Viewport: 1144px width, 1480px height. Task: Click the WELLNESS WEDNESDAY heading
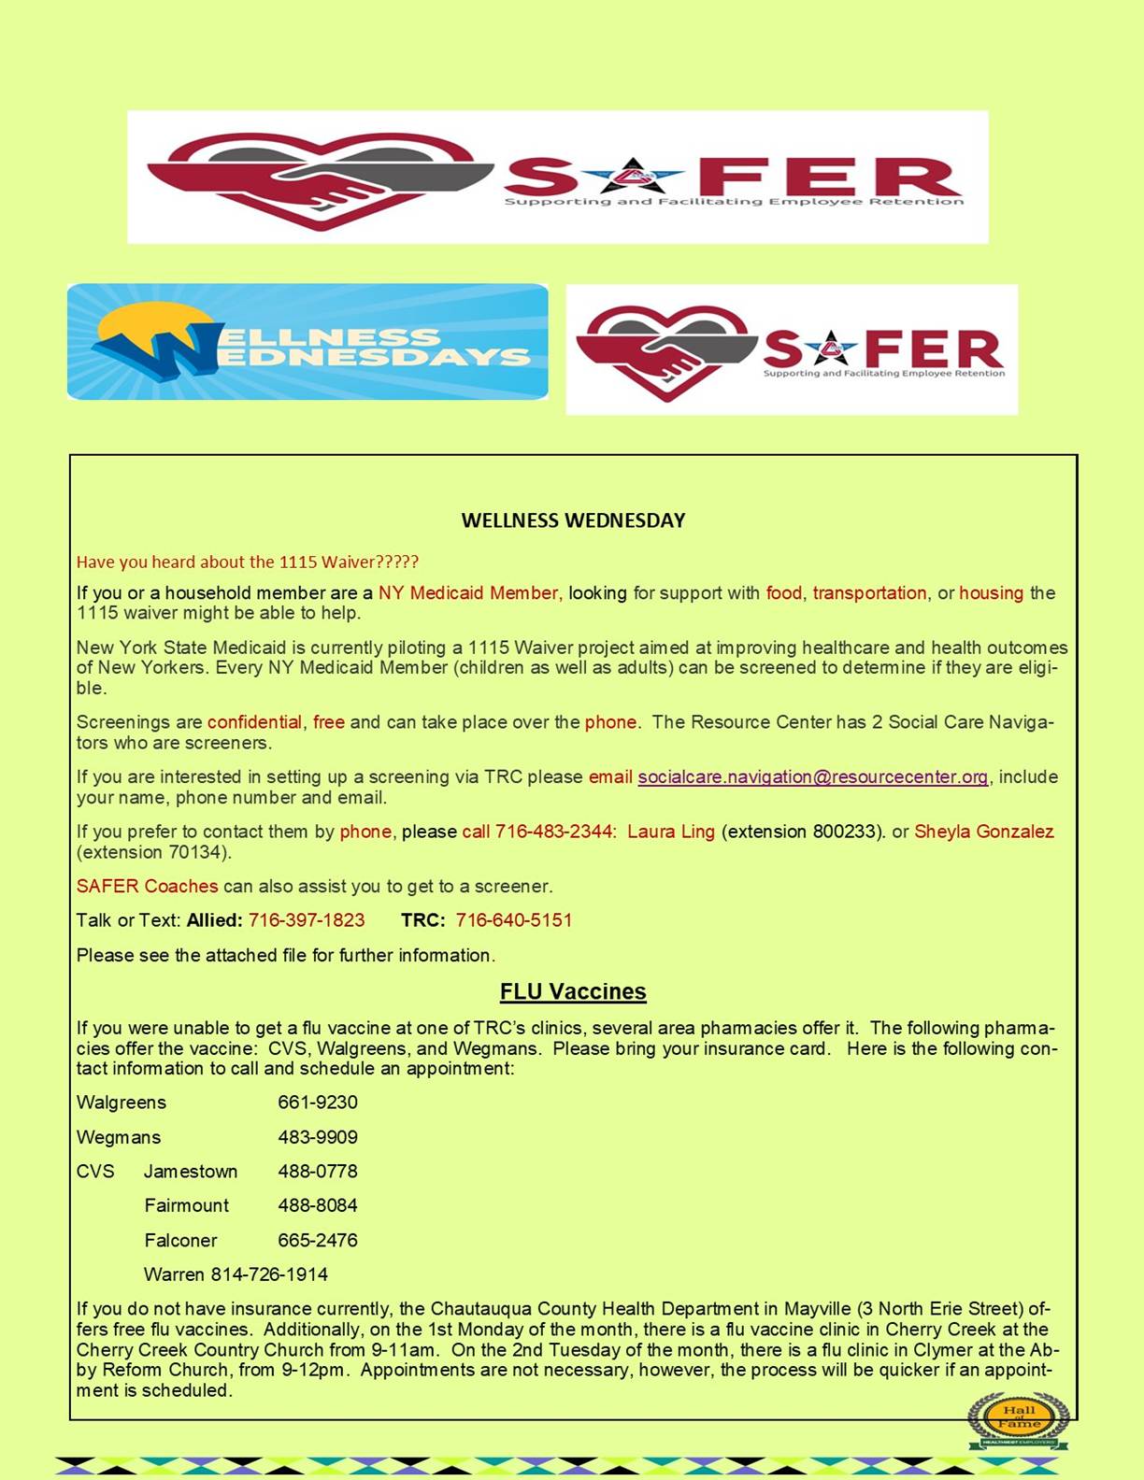(573, 520)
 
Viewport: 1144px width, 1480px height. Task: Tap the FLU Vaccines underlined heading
(573, 991)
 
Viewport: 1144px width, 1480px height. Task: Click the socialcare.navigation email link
(812, 776)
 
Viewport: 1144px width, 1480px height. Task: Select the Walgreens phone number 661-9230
(318, 1103)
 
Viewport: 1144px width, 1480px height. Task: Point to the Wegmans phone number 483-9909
(318, 1137)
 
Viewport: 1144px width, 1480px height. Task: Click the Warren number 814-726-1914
(269, 1274)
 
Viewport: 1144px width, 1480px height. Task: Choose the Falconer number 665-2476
(318, 1241)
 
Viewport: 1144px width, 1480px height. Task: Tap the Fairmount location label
(187, 1206)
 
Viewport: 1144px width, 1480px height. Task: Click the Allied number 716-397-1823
(307, 920)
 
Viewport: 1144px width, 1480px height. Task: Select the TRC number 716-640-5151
(514, 920)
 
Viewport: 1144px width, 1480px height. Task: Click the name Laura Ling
(670, 832)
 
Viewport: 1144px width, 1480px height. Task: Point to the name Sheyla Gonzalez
(983, 832)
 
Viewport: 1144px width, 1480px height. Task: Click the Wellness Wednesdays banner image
(307, 342)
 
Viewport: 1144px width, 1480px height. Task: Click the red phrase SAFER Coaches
(147, 886)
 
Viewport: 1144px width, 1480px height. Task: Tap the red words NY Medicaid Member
(469, 593)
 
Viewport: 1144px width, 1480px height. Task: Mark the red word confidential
(254, 722)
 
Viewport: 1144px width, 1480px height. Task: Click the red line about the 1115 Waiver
(248, 562)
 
